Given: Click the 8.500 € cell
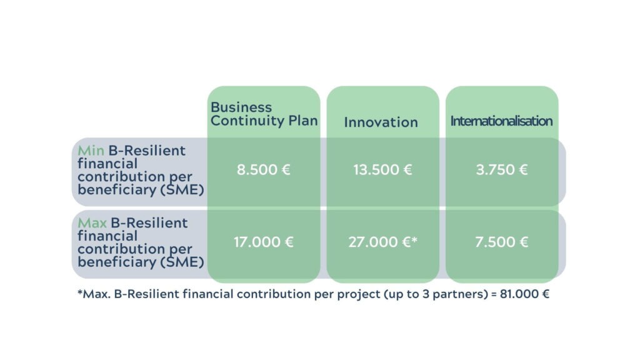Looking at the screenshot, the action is coord(264,170).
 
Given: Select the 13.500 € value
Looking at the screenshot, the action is coord(383,170).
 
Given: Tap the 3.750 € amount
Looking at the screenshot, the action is coord(502,170).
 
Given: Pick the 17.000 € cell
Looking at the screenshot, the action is coord(264,242).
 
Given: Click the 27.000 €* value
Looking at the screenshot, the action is coord(383,242).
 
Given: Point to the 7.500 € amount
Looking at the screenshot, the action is coord(502,242).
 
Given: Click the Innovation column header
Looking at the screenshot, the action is coord(381,122).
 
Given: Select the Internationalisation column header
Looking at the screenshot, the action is coord(501,121).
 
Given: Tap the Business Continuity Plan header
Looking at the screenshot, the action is coord(264,114).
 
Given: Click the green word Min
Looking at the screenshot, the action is coord(91,151).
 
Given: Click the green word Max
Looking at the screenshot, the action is coord(92,223).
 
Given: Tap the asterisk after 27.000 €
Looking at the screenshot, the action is coord(414,239).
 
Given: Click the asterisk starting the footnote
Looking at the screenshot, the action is coord(80,292).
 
